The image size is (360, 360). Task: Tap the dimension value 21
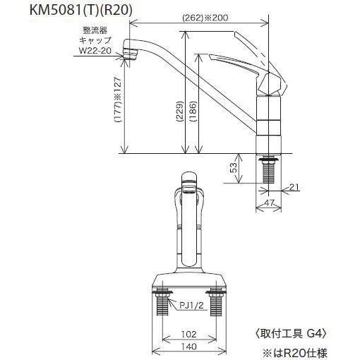[294, 186]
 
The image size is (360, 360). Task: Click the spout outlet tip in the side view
[130, 51]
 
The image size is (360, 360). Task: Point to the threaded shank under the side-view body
[268, 169]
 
